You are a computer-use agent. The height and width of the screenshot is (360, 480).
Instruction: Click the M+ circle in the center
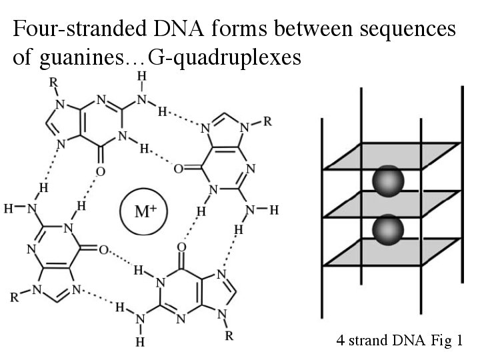click(141, 213)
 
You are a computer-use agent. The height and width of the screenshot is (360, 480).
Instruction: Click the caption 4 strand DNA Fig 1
click(399, 341)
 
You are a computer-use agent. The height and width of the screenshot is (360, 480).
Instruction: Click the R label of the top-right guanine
click(267, 122)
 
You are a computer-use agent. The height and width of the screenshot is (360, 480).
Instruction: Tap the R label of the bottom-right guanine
click(229, 336)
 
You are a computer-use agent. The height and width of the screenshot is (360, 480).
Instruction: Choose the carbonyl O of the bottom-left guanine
click(103, 250)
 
